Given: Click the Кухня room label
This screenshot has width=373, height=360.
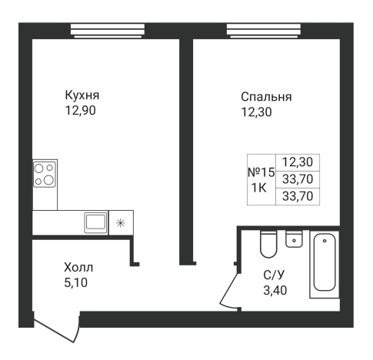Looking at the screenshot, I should pyautogui.click(x=83, y=95).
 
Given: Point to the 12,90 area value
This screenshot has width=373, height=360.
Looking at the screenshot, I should pyautogui.click(x=83, y=110).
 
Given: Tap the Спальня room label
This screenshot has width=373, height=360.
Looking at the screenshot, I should pyautogui.click(x=266, y=97).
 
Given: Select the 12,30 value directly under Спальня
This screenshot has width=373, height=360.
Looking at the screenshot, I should pyautogui.click(x=255, y=112).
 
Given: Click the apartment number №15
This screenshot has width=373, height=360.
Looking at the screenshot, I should pyautogui.click(x=261, y=173).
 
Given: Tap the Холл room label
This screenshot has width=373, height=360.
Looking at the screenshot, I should pyautogui.click(x=82, y=268).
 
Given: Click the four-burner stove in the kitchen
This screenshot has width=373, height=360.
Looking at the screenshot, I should pyautogui.click(x=45, y=174).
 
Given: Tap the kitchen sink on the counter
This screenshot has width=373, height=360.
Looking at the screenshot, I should pyautogui.click(x=96, y=222).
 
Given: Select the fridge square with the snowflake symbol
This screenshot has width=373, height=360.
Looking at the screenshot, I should pyautogui.click(x=120, y=223).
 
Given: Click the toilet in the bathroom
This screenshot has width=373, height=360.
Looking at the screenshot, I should pyautogui.click(x=268, y=244).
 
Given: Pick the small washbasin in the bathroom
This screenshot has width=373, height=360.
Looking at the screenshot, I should pyautogui.click(x=293, y=239).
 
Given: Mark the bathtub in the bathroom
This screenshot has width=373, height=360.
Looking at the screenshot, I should pyautogui.click(x=325, y=265).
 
